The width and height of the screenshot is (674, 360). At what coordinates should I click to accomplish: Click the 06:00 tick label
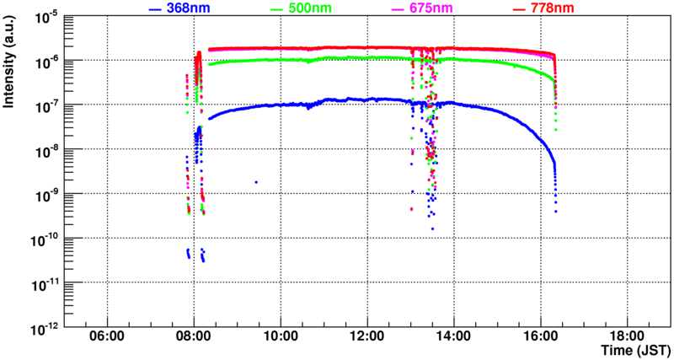107,336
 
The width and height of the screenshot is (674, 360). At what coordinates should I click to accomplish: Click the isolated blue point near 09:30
255,181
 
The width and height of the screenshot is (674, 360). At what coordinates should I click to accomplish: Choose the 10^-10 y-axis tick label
47,237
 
